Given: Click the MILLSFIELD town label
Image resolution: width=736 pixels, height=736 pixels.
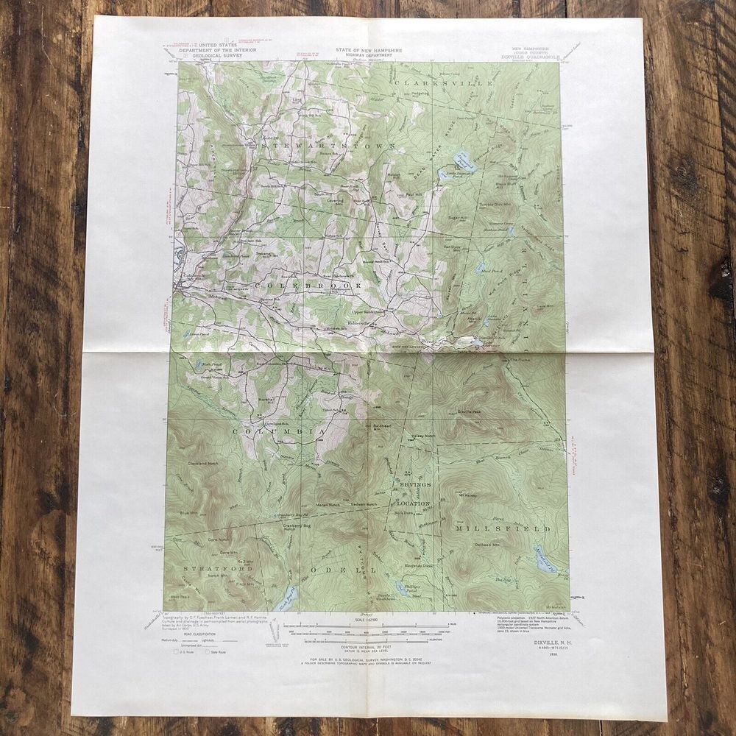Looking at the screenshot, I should point(502,528).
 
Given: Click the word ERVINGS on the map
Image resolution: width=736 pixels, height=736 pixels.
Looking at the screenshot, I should point(415,485).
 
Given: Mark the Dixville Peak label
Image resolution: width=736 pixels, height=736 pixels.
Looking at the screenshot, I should point(469,412).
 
